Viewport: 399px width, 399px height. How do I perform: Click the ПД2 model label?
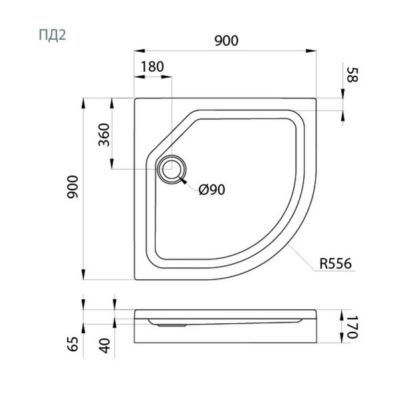(53, 35)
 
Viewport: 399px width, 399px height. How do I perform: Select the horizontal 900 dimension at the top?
(227, 41)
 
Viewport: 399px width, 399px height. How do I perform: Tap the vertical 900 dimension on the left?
(72, 187)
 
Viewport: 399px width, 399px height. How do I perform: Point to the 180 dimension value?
(152, 66)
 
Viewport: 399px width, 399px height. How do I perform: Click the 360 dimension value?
(104, 134)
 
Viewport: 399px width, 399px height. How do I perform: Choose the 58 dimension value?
(352, 74)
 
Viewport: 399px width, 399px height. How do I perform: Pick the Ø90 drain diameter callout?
(212, 190)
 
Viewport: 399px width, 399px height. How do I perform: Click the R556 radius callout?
(335, 263)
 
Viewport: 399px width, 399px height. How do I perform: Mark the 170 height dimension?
(352, 327)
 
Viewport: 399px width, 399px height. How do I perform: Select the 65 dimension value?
(73, 344)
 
